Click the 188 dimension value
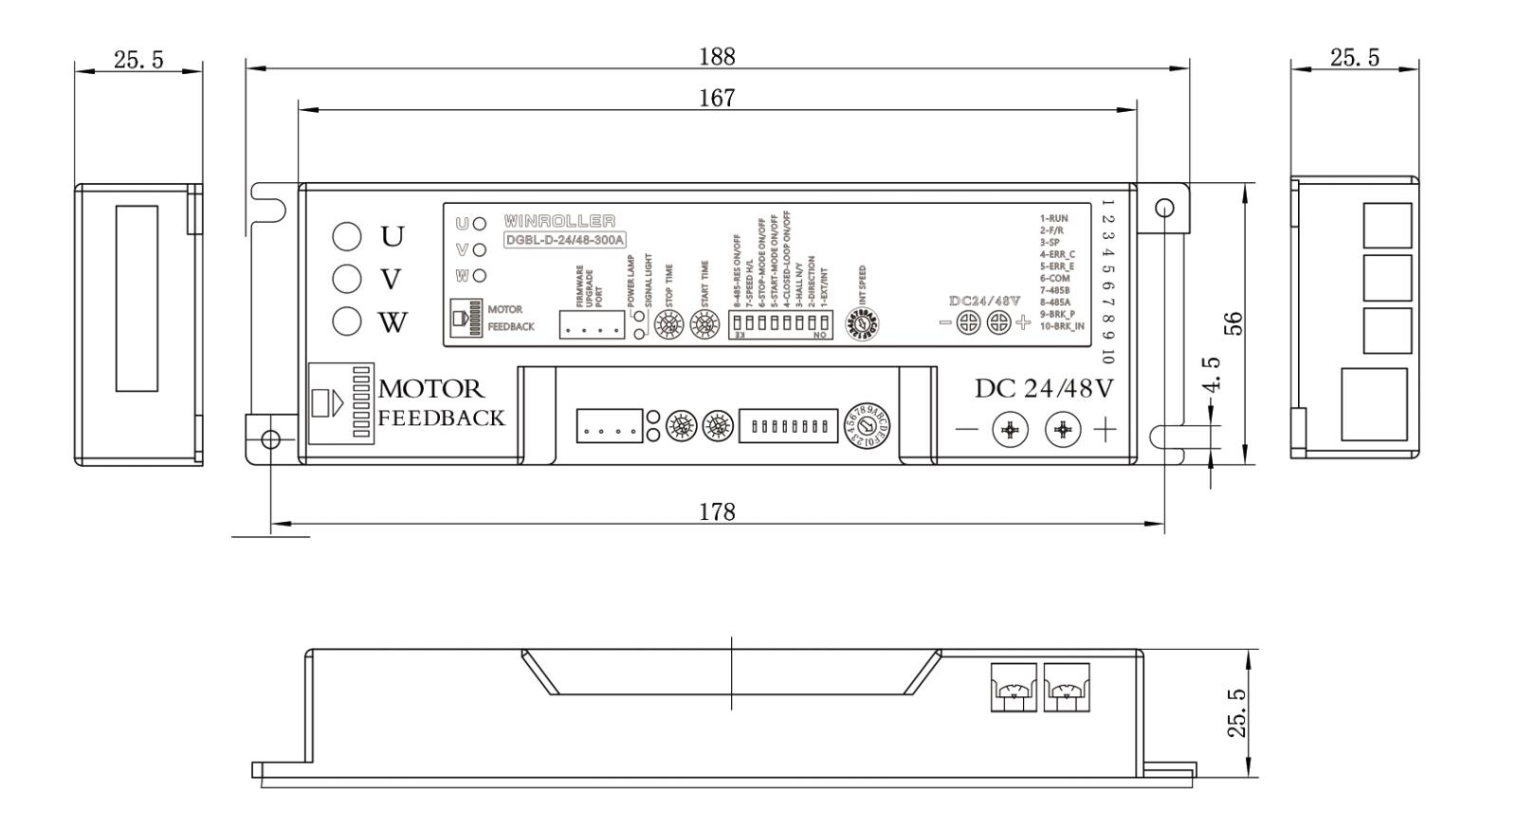tap(717, 57)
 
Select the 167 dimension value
tap(717, 98)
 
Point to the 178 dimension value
tap(717, 512)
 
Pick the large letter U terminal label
tap(392, 236)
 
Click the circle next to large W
tap(347, 322)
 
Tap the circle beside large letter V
tap(347, 279)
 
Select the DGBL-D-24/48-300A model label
tap(565, 240)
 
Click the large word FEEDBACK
tap(442, 418)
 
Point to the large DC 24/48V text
tap(1045, 389)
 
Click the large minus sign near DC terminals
tap(966, 430)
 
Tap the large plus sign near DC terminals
tap(1105, 430)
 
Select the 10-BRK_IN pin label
tap(1062, 326)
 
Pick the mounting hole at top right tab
tap(1165, 208)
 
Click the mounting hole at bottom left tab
tap(270, 438)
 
